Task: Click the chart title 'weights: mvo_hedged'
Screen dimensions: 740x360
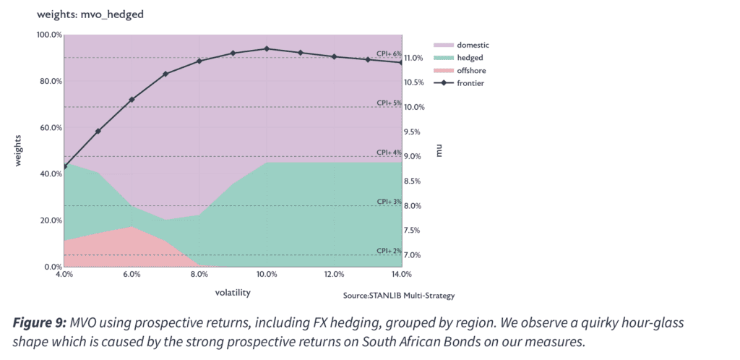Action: (x=90, y=14)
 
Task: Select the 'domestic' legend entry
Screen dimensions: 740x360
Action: (x=462, y=46)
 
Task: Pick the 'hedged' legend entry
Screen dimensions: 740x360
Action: (x=458, y=58)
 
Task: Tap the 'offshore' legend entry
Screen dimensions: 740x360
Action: (x=460, y=71)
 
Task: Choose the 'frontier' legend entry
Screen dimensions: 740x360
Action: (x=459, y=84)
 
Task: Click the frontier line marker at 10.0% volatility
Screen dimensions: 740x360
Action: (x=267, y=48)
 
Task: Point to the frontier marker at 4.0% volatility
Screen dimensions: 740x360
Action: (x=64, y=166)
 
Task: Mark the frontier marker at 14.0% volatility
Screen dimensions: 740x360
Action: (x=400, y=62)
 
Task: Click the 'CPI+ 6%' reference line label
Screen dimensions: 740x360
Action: (x=389, y=53)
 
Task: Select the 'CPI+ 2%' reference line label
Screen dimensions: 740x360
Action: (x=389, y=251)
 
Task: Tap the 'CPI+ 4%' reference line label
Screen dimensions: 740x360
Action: (x=389, y=153)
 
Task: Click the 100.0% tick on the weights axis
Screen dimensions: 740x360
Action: (x=49, y=35)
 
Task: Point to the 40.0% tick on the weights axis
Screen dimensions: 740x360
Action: (x=51, y=174)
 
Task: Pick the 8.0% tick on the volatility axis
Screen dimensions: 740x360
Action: (x=199, y=275)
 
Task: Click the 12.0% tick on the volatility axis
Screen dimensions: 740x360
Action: (x=334, y=275)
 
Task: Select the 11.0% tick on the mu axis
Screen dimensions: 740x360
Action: (x=414, y=58)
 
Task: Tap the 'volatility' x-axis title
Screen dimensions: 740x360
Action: (x=233, y=293)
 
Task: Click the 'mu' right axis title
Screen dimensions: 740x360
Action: (x=439, y=152)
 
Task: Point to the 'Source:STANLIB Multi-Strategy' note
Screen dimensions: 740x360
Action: (x=399, y=296)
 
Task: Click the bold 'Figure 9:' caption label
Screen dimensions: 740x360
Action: (x=40, y=324)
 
